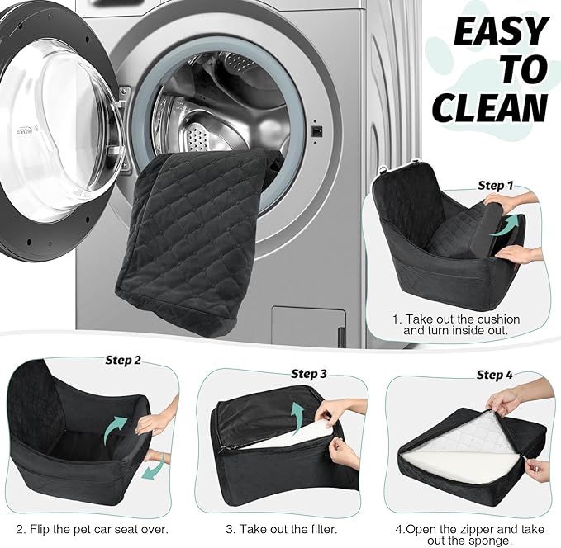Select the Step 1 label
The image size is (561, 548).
496,186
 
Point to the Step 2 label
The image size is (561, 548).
123,360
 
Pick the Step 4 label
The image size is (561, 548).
494,375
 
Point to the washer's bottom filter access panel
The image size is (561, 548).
308,327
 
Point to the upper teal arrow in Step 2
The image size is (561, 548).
116,429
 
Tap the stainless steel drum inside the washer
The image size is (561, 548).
207,107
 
